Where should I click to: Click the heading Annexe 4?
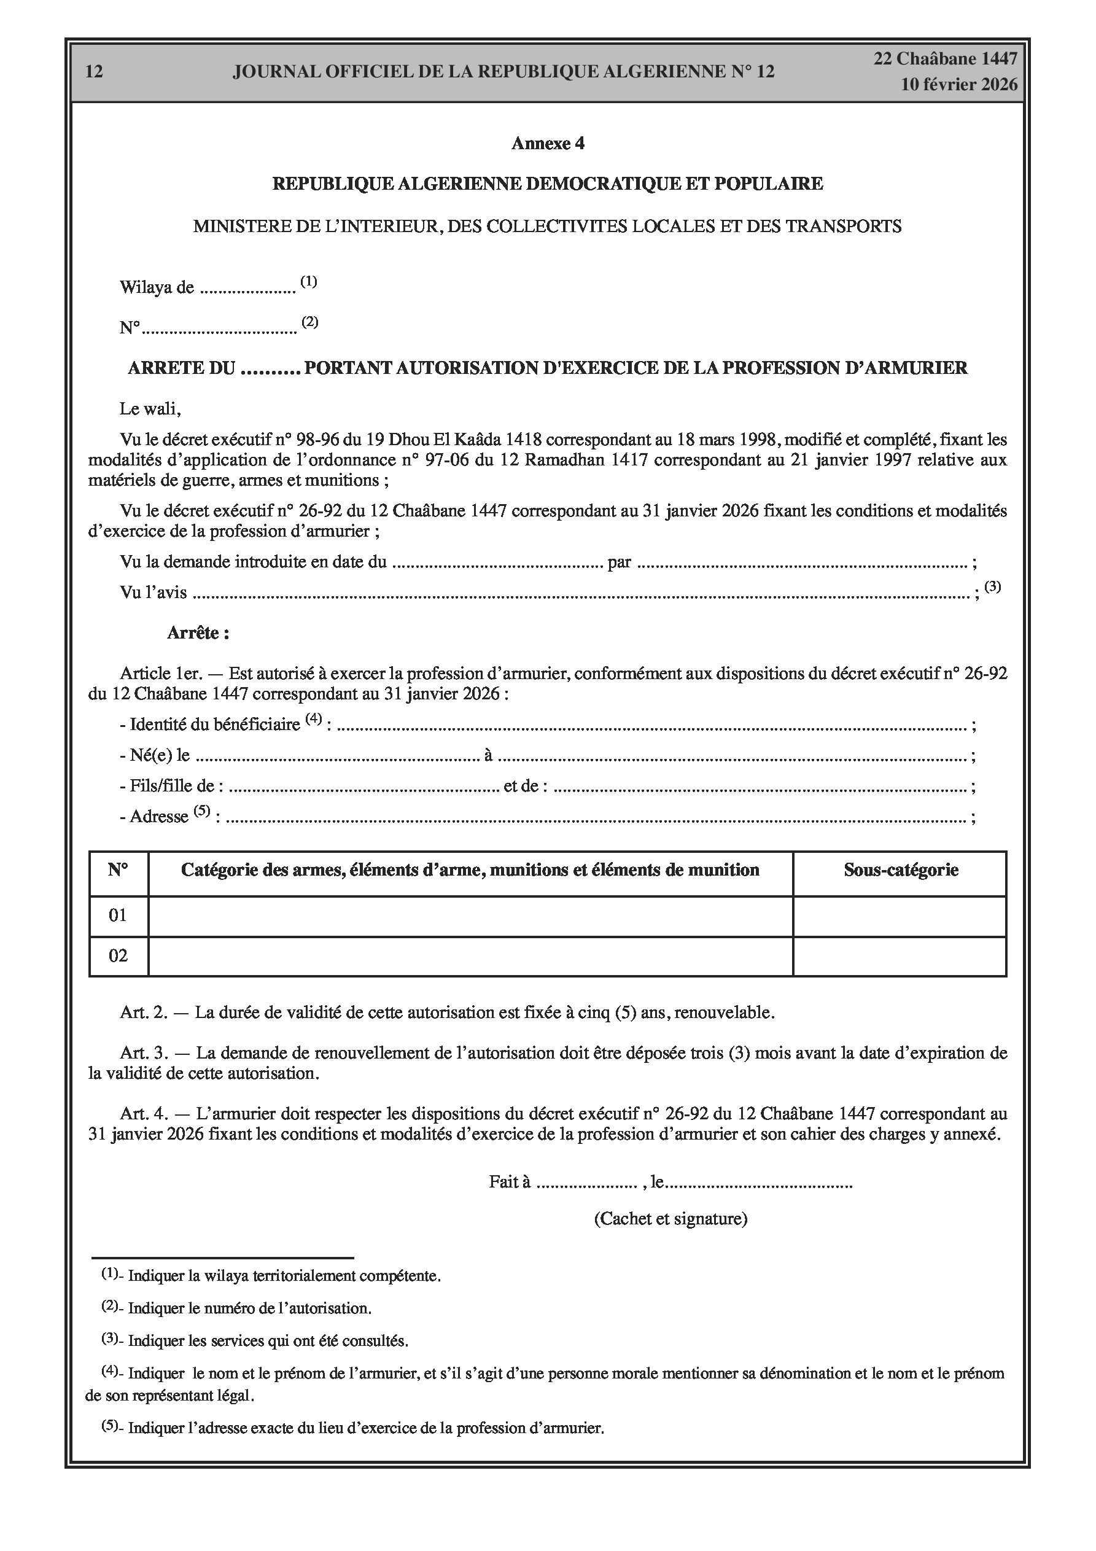[547, 143]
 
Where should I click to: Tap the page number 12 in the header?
[95, 72]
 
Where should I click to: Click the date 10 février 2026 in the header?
[959, 85]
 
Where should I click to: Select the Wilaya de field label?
[157, 288]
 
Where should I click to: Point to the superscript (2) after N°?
[309, 322]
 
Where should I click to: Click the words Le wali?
[150, 409]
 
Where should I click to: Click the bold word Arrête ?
[198, 633]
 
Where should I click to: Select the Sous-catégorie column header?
[900, 870]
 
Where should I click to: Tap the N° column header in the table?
[119, 870]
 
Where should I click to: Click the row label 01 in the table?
[119, 915]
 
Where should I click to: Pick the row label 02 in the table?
[119, 956]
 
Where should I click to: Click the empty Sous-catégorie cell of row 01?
[900, 916]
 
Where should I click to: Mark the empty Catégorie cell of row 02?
[470, 957]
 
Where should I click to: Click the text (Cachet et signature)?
[670, 1219]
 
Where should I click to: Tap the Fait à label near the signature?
[509, 1182]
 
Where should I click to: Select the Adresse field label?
[158, 817]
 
